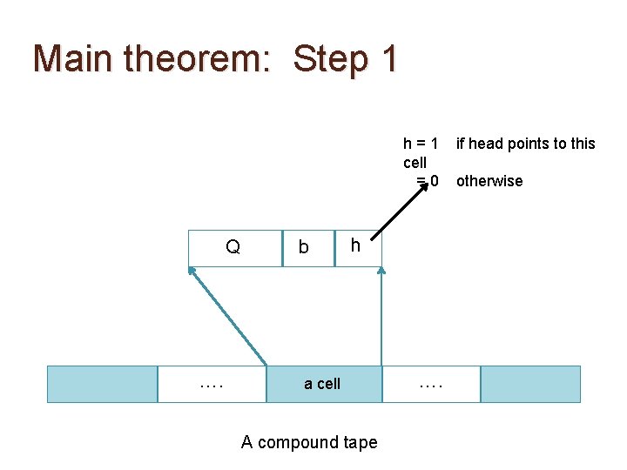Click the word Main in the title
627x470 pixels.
coord(73,58)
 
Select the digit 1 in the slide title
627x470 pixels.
coord(388,58)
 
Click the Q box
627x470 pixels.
coord(233,248)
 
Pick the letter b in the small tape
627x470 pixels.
coord(303,248)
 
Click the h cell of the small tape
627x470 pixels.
coord(355,246)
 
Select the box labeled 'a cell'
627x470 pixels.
coord(322,384)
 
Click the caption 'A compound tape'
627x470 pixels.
coord(309,442)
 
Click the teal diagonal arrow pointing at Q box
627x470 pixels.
coord(228,315)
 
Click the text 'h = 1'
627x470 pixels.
coord(421,143)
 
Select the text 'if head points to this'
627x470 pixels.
coord(526,143)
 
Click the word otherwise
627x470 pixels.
coord(489,181)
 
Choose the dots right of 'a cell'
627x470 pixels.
coord(430,384)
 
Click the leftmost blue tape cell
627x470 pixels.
coord(102,384)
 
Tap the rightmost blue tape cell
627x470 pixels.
coord(530,384)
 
